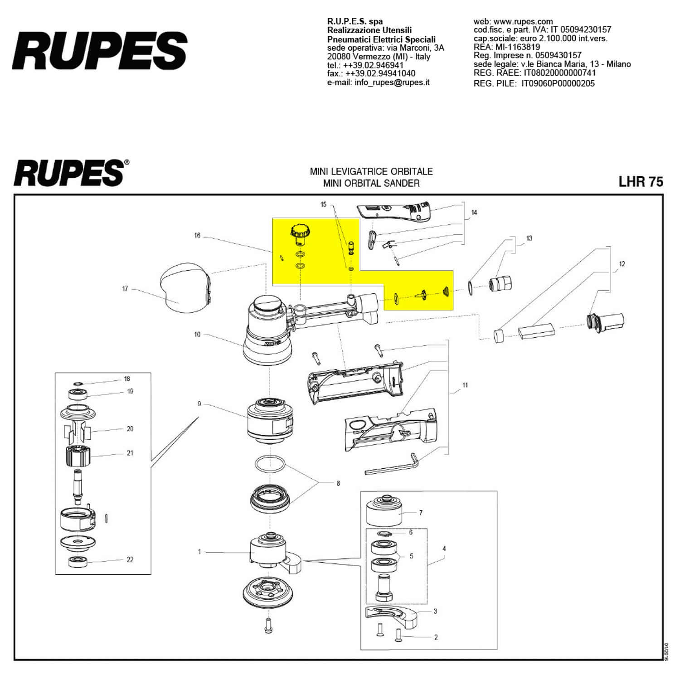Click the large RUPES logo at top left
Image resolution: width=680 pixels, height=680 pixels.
click(x=100, y=50)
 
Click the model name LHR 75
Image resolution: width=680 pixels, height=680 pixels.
click(x=641, y=182)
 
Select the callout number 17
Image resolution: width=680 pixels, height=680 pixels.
click(x=125, y=289)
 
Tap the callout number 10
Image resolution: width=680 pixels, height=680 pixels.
click(x=197, y=335)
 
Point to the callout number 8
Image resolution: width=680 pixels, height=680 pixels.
click(x=338, y=483)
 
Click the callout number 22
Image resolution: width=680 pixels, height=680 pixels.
click(x=130, y=559)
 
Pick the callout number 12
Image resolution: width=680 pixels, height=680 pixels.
click(x=622, y=264)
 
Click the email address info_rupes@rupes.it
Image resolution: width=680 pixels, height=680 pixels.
click(x=379, y=83)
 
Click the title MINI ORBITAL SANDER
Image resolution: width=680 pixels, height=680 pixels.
click(x=371, y=183)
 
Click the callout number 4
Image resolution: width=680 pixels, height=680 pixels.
click(x=444, y=549)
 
